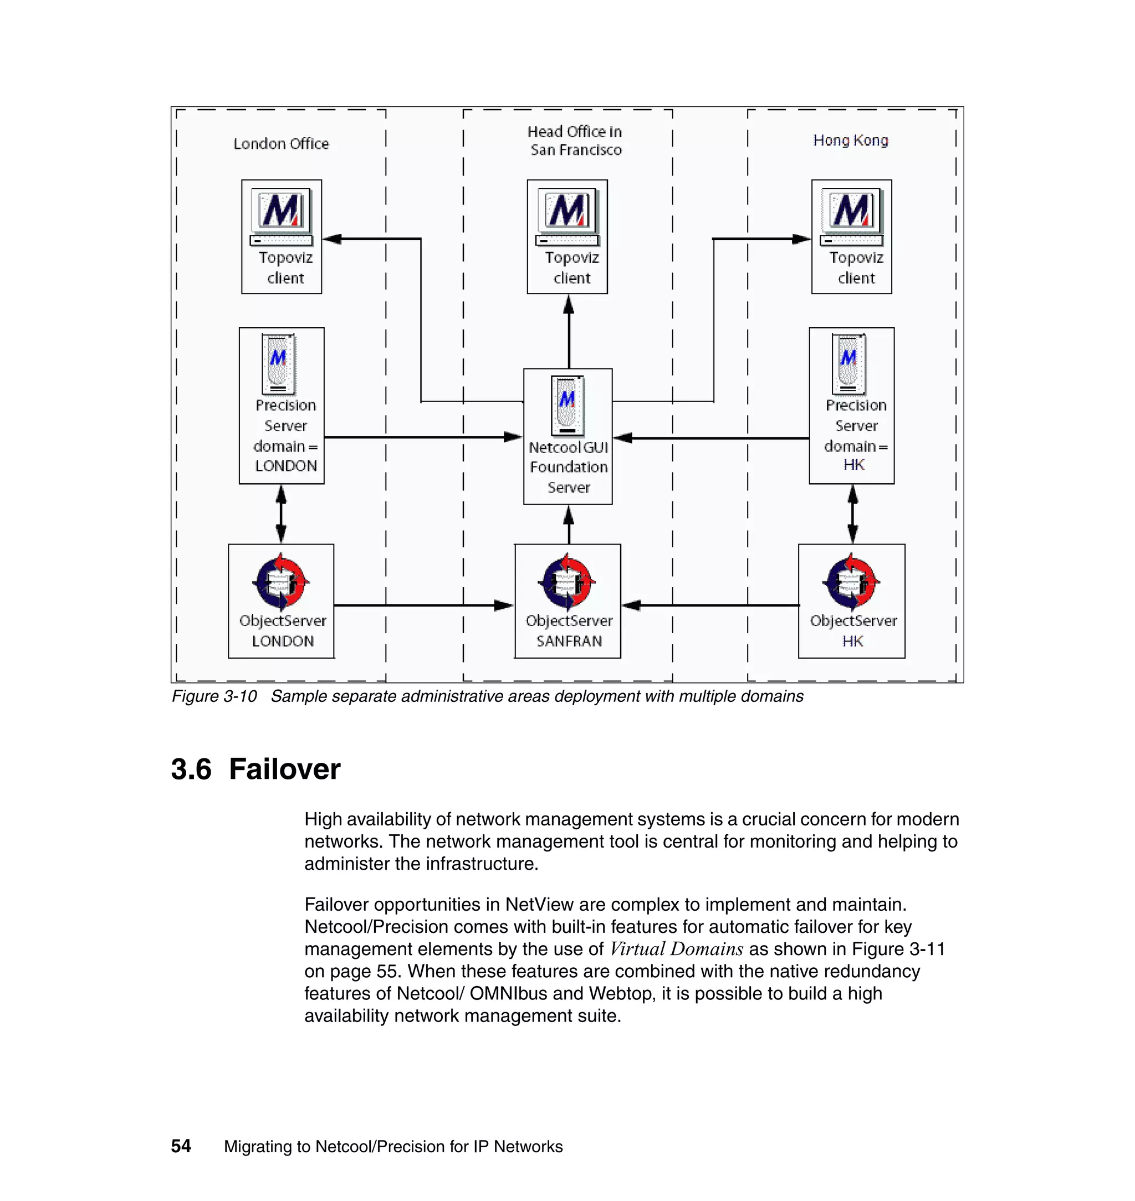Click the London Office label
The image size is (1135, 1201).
click(x=281, y=144)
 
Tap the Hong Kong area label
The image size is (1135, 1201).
click(x=850, y=140)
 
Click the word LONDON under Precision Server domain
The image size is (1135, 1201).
click(x=285, y=466)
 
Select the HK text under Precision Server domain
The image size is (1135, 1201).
click(x=853, y=464)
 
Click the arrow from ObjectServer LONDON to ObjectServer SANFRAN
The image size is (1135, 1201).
click(x=423, y=605)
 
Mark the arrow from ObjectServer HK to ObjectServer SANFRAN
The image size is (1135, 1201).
click(x=711, y=605)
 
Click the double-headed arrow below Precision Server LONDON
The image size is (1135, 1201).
click(x=281, y=514)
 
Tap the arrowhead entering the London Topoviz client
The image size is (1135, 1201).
click(x=332, y=239)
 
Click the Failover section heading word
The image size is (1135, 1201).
click(x=284, y=769)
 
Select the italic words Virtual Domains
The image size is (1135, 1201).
click(x=676, y=949)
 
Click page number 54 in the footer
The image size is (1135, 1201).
click(x=181, y=1146)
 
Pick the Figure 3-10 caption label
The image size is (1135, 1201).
click(x=214, y=697)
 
